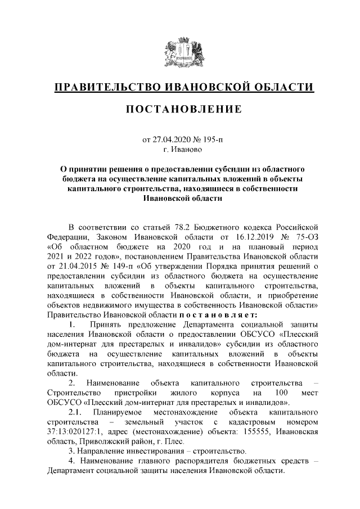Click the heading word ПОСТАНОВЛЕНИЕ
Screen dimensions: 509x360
coord(180,108)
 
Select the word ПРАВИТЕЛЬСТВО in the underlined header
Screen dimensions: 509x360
coord(108,87)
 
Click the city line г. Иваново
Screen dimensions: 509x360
coord(180,150)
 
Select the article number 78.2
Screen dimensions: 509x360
coord(180,227)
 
